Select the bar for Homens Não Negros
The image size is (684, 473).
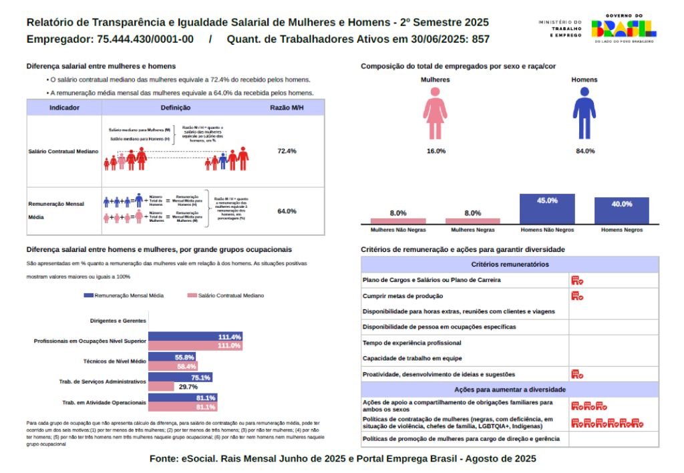(547, 209)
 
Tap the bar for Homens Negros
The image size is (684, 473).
(621, 210)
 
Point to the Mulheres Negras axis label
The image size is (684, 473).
(473, 230)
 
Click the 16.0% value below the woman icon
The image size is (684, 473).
(436, 151)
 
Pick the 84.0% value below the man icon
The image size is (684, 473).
(585, 151)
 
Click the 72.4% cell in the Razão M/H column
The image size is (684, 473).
(287, 151)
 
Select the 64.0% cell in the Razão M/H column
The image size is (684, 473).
(287, 211)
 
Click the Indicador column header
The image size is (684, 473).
(65, 108)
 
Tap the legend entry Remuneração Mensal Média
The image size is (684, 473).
(124, 295)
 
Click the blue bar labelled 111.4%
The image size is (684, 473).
(195, 336)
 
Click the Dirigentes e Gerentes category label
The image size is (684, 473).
(118, 321)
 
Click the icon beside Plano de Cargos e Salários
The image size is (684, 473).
(577, 280)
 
